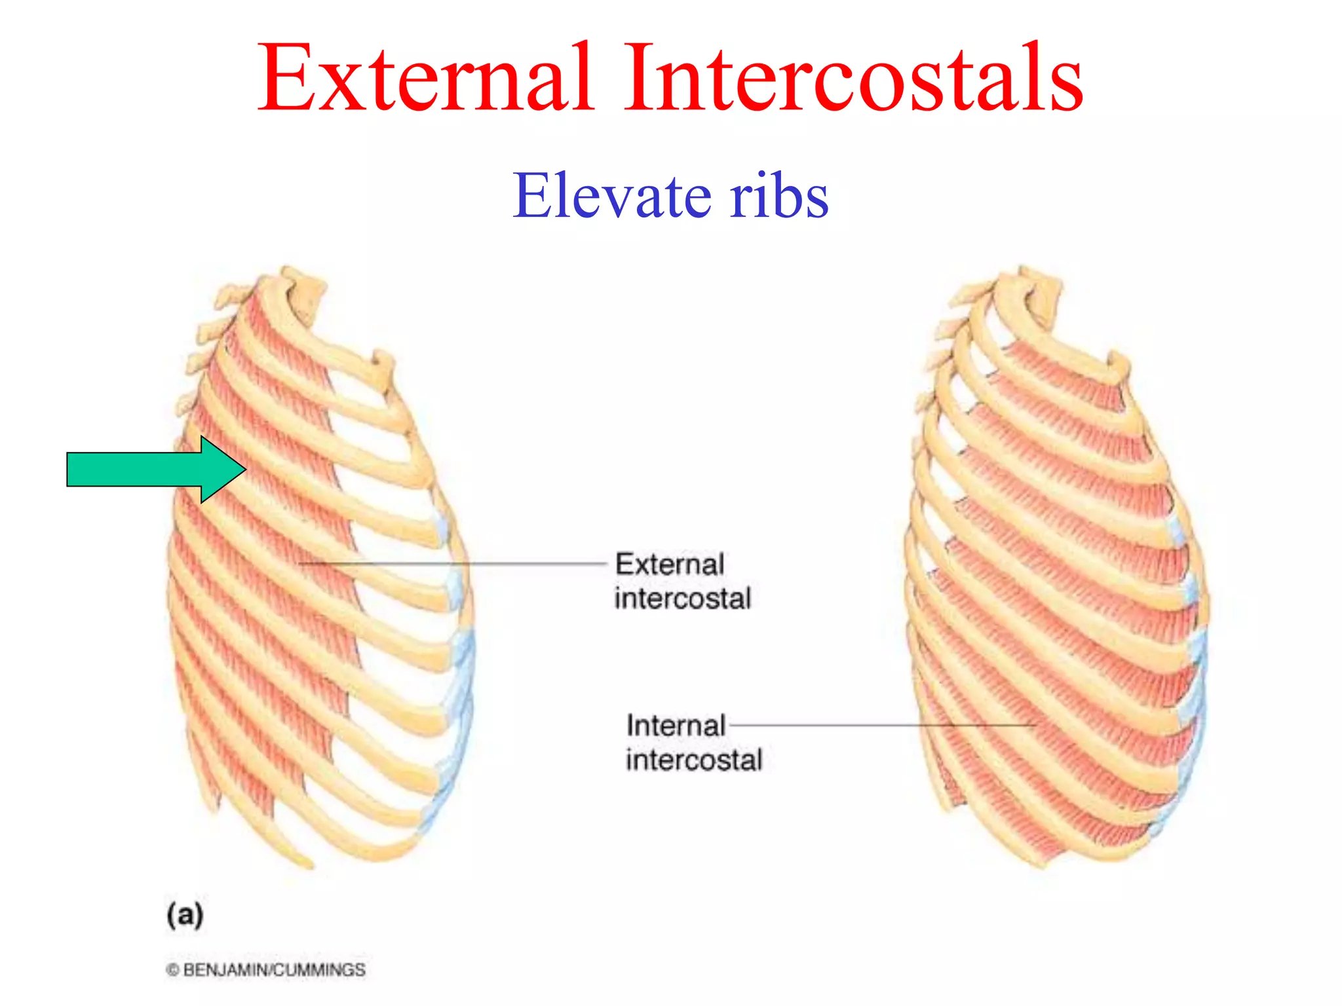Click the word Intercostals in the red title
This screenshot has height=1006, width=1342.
[852, 79]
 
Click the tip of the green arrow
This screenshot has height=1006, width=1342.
[244, 469]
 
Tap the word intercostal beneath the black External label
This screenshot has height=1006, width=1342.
[682, 599]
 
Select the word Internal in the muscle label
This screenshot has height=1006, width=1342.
[676, 726]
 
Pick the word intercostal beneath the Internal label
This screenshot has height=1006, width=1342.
[694, 760]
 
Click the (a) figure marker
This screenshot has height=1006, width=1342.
[185, 914]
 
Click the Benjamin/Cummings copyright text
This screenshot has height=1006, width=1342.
[273, 970]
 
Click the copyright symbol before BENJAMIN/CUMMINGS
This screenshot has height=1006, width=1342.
[172, 970]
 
